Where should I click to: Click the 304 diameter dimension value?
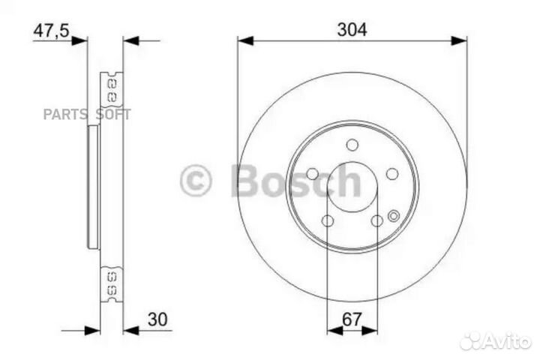(x=352, y=30)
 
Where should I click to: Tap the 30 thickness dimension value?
(x=158, y=319)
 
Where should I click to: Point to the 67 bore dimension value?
(x=352, y=319)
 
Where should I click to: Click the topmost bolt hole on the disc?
(x=352, y=145)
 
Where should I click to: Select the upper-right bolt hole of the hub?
(x=391, y=174)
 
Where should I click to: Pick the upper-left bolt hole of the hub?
(x=312, y=174)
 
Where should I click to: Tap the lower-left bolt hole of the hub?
(x=328, y=220)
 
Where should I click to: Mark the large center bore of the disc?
(x=352, y=187)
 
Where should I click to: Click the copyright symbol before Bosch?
(x=196, y=181)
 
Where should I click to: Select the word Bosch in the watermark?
(x=296, y=181)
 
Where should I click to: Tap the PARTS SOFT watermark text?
(x=87, y=114)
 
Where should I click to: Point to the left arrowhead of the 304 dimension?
(x=242, y=40)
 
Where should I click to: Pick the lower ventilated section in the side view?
(x=112, y=283)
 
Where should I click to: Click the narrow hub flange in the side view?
(x=93, y=187)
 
